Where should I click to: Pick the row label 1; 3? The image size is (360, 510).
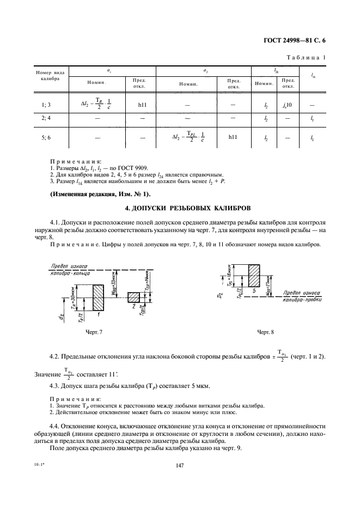(46, 104)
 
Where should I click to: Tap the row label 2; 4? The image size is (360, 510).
(46, 118)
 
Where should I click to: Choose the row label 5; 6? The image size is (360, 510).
(46, 138)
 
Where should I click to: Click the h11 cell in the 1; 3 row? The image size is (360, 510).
(139, 104)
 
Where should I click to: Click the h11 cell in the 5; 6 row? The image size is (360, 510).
(233, 138)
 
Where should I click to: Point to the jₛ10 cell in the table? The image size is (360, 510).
(289, 104)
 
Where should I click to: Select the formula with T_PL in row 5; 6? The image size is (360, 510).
(188, 137)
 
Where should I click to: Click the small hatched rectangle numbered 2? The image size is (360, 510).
(133, 297)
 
